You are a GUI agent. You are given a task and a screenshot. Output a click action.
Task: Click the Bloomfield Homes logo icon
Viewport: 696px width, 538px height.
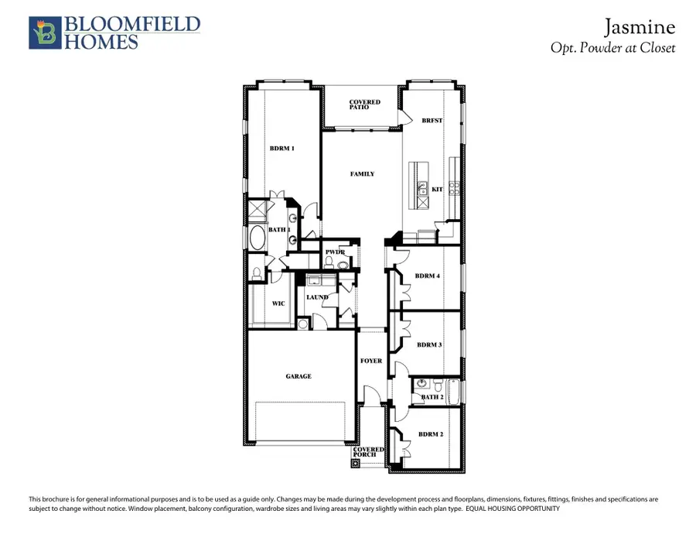click(x=44, y=33)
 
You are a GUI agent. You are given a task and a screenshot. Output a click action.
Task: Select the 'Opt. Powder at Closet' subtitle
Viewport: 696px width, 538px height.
click(x=612, y=48)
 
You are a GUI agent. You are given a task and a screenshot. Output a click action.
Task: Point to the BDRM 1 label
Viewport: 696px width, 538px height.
click(x=282, y=149)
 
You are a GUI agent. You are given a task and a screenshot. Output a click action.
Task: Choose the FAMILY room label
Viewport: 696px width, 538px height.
click(x=362, y=174)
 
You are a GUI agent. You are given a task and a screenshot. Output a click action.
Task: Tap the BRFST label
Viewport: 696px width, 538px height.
click(x=432, y=121)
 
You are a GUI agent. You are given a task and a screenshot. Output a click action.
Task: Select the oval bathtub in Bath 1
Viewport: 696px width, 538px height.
click(x=255, y=238)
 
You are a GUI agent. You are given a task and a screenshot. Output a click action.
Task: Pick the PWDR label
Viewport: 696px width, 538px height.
click(x=335, y=252)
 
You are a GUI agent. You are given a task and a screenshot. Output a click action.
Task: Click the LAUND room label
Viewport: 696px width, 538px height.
click(x=317, y=297)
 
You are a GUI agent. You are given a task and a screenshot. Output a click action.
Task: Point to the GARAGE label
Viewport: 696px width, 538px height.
click(x=299, y=377)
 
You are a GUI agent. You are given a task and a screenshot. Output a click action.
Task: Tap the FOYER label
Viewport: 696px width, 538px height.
click(x=371, y=362)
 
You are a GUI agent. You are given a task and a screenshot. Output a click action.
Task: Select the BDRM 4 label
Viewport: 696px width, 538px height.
click(x=428, y=276)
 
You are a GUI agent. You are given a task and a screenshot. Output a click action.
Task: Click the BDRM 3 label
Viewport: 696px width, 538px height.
click(x=429, y=344)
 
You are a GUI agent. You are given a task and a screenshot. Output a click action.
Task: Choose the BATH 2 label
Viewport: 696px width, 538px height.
click(x=432, y=398)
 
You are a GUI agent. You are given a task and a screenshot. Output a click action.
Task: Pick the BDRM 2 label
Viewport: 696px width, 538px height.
click(x=430, y=435)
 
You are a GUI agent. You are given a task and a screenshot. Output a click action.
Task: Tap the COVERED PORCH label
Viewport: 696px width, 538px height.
click(x=364, y=452)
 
